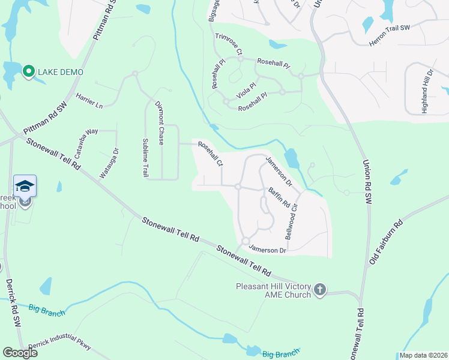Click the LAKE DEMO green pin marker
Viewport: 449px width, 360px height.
[28, 72]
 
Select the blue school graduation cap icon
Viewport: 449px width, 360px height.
[24, 186]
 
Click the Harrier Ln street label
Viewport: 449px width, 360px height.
[89, 101]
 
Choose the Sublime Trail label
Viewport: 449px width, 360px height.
[145, 157]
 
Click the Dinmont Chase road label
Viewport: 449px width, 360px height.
[160, 123]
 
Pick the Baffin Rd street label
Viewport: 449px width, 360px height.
[279, 199]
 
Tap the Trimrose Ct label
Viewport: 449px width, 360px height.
[228, 43]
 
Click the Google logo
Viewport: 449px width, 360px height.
[20, 352]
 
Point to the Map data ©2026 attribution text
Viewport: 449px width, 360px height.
[423, 355]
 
